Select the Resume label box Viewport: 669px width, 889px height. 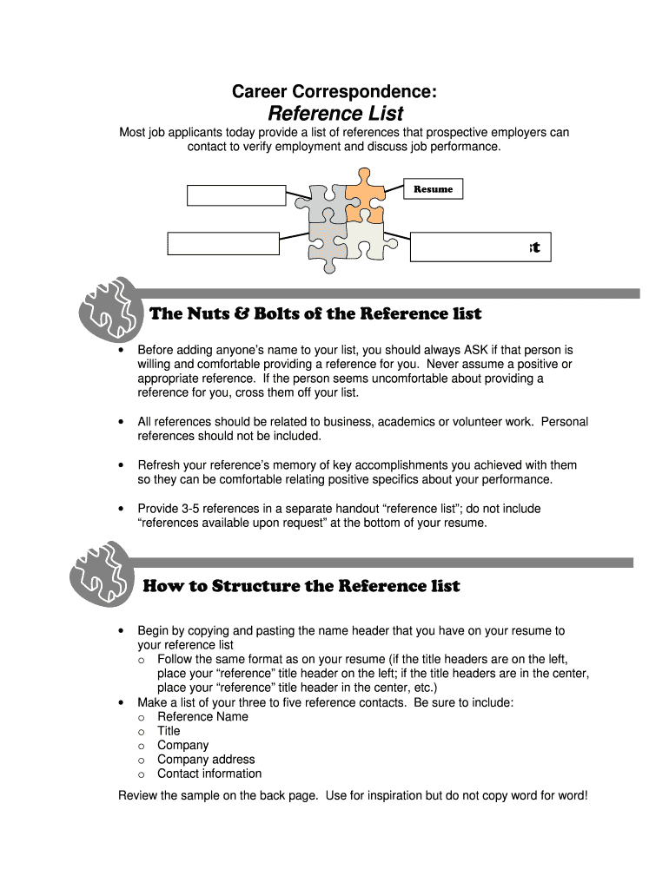coord(433,189)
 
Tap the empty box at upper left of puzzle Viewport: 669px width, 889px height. coord(236,195)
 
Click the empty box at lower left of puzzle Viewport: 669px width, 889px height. coord(223,243)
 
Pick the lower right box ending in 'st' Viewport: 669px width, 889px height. coord(480,247)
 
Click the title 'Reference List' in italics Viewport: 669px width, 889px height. coord(335,114)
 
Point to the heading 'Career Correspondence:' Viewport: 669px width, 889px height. coord(334,90)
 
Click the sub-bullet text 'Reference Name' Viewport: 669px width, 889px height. coord(202,716)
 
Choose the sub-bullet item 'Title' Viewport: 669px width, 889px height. coord(169,731)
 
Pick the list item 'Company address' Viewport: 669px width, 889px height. coord(206,760)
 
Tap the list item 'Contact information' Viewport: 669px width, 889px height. coord(209,774)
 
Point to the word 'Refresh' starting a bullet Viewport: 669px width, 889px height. coord(160,465)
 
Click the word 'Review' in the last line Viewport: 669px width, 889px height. coord(138,795)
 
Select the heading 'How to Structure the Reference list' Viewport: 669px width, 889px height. coord(301,586)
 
